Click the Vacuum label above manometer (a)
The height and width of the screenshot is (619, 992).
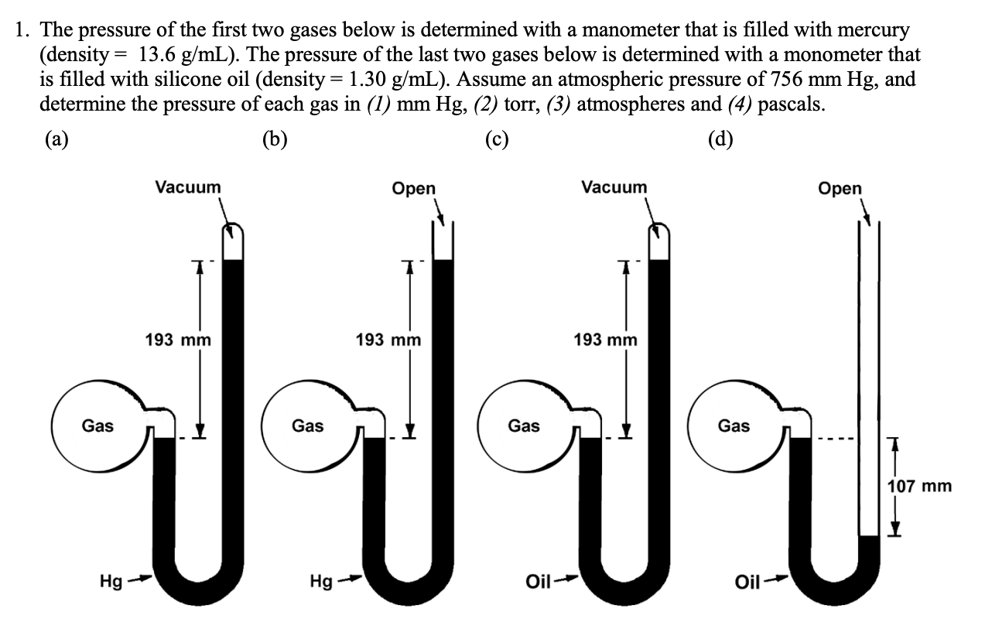tap(188, 187)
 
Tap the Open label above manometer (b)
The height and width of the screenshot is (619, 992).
tap(414, 189)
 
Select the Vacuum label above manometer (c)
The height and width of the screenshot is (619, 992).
tap(614, 187)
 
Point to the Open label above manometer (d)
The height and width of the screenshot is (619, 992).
tap(840, 189)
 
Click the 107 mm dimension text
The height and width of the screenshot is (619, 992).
tap(919, 486)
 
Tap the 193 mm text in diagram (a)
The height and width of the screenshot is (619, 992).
tap(178, 340)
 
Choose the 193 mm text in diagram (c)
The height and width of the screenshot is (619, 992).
tap(605, 340)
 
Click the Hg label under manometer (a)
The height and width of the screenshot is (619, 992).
tap(111, 581)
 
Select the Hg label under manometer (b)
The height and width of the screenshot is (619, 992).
tap(321, 581)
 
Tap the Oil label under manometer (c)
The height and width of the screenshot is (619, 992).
tap(538, 582)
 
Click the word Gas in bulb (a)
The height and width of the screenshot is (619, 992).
tap(97, 426)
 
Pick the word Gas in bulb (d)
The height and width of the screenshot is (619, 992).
tap(734, 426)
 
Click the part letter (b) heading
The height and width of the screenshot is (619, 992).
tap(275, 140)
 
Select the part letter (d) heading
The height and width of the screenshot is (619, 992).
tap(720, 140)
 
